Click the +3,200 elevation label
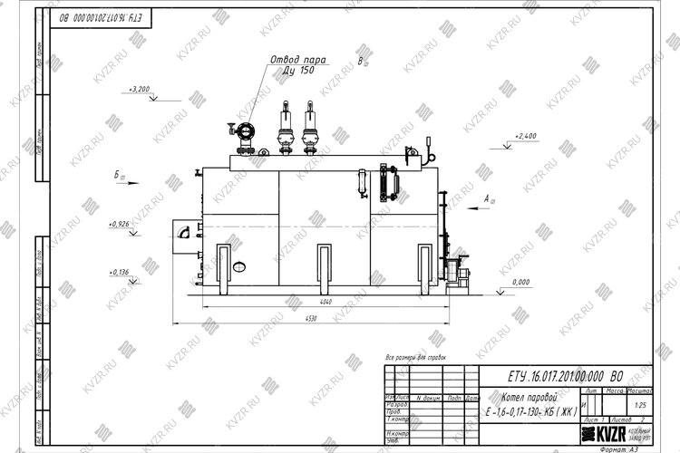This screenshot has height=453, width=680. pyautogui.click(x=140, y=90)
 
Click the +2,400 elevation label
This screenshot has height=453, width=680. pyautogui.click(x=526, y=136)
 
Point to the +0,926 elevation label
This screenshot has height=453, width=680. pyautogui.click(x=119, y=223)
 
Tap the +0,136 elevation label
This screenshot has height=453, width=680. pyautogui.click(x=119, y=272)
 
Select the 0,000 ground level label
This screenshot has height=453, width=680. pyautogui.click(x=520, y=283)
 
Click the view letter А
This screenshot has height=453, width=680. pyautogui.click(x=487, y=197)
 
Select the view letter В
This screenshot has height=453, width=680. pyautogui.click(x=361, y=61)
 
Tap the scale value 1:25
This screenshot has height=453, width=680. pyautogui.click(x=641, y=405)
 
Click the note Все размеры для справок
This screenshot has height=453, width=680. pyautogui.click(x=416, y=360)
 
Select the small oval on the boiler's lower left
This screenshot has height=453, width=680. pyautogui.click(x=240, y=266)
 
